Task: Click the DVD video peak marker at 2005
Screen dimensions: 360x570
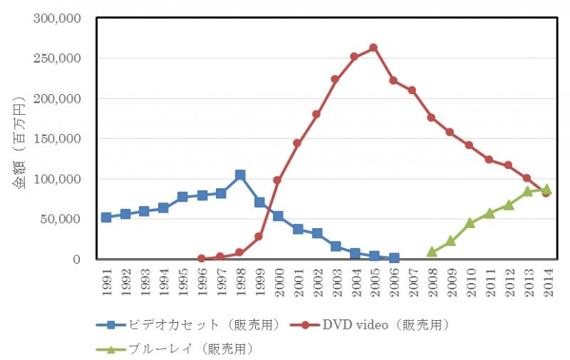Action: (373, 48)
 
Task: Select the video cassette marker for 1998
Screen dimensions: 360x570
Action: (240, 175)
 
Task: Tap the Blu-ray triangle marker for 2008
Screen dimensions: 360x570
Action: (432, 252)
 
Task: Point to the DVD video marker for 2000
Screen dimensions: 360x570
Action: (278, 180)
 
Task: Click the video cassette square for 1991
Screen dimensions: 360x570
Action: (106, 217)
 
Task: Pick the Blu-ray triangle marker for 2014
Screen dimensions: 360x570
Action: (546, 189)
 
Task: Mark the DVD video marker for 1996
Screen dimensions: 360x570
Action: (202, 259)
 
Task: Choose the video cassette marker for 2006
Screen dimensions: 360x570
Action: (394, 258)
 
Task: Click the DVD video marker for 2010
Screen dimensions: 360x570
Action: (470, 145)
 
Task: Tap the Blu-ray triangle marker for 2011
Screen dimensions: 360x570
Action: (489, 213)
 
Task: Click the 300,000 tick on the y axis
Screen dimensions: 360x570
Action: (56, 18)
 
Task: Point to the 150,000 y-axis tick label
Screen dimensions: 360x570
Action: (56, 139)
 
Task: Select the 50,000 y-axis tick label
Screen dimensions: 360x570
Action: (61, 220)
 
